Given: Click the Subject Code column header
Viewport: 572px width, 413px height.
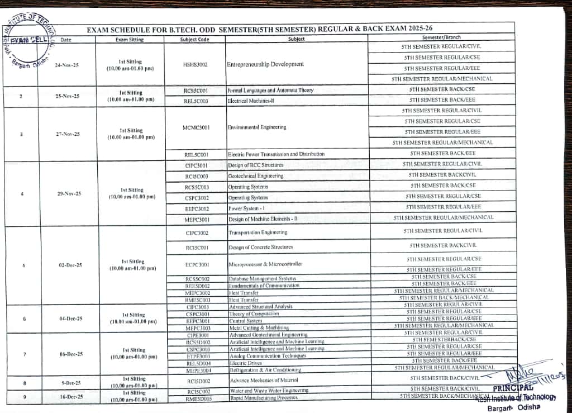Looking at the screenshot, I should click(x=194, y=40).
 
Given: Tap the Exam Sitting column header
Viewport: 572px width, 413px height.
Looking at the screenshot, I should click(x=129, y=40).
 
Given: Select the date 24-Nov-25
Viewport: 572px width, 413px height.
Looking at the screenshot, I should click(x=67, y=65).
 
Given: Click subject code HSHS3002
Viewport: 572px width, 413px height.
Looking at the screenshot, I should click(x=195, y=65).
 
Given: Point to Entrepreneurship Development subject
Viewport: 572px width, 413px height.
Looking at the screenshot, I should click(x=265, y=64).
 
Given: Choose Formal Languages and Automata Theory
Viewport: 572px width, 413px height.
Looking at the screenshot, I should click(x=270, y=90).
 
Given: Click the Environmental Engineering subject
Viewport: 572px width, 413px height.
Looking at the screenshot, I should click(x=257, y=127).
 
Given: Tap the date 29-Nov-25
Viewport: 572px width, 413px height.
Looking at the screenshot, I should click(x=69, y=194).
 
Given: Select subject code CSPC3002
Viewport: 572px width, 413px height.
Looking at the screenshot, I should click(x=197, y=198).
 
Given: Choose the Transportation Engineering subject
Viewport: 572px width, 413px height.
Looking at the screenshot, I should click(x=258, y=232).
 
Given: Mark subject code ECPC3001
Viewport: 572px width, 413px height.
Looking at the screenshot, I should click(x=197, y=264).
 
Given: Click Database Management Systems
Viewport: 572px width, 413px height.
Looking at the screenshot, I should click(x=263, y=278).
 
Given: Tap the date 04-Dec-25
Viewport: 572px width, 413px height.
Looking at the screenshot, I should click(x=70, y=319).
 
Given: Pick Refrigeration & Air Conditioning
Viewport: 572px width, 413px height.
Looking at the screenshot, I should click(x=265, y=370).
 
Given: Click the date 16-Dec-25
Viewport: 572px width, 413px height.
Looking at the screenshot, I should click(x=71, y=397).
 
